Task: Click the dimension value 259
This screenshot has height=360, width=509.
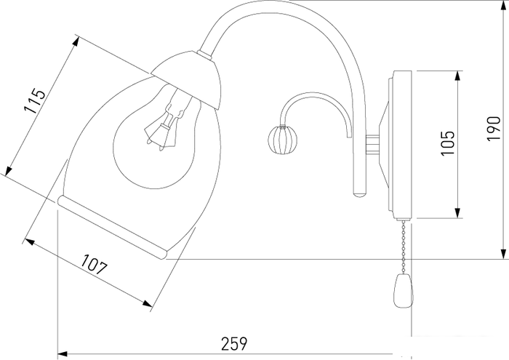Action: pos(234,344)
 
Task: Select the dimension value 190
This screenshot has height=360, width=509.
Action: pos(494,128)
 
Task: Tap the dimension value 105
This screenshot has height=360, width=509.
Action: pos(447,143)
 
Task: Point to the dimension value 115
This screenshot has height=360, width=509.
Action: pos(34,100)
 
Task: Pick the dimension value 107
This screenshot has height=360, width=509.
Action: pos(94,264)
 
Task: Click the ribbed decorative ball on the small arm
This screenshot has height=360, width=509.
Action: pos(282,140)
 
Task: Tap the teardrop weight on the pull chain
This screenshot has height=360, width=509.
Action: pos(404,291)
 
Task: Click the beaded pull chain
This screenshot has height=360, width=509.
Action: pos(404,247)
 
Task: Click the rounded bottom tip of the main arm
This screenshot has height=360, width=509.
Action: pos(360,195)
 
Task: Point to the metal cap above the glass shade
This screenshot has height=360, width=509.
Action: pos(188,79)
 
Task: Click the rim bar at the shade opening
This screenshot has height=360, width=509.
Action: pos(112,227)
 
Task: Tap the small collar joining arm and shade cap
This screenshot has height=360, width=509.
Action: pos(206,55)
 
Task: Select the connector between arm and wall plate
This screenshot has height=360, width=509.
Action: pos(372,145)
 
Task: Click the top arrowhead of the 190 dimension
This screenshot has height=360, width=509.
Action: pos(502,6)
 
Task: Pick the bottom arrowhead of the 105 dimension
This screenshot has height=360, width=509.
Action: pos(457,212)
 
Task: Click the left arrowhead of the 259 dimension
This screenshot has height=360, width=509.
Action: pos(63,353)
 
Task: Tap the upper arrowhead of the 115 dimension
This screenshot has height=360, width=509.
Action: pos(76,42)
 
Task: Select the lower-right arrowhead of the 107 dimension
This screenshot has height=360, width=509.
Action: pos(147,303)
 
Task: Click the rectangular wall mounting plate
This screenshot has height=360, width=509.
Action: pos(402,145)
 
